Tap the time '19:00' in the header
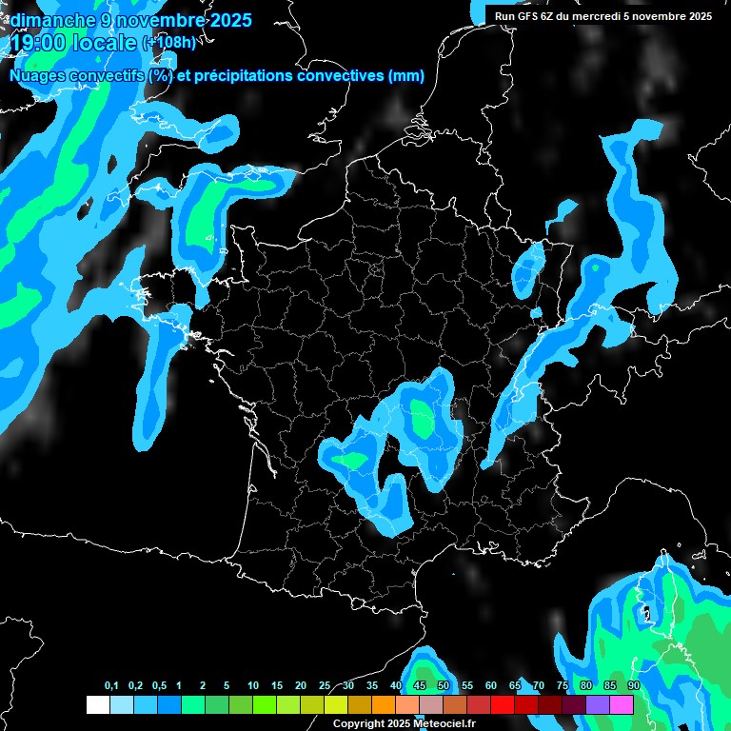click(x=37, y=42)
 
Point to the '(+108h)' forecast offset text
click(x=168, y=43)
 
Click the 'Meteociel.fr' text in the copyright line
click(x=444, y=723)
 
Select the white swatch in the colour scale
click(x=97, y=704)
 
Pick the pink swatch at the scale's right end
click(x=622, y=704)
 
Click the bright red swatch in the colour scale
click(x=503, y=704)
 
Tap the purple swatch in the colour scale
click(x=598, y=704)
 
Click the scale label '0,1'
click(x=111, y=686)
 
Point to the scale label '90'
click(x=634, y=686)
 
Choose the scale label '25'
click(x=325, y=686)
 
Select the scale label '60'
click(x=491, y=686)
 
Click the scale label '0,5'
click(x=159, y=686)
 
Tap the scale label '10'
click(x=253, y=686)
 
